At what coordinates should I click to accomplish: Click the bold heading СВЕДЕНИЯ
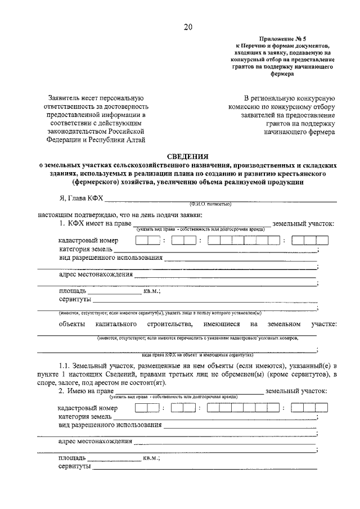pyautogui.click(x=187, y=156)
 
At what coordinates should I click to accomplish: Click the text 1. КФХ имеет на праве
pyautogui.click(x=95, y=224)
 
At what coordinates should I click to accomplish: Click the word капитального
pyautogui.click(x=117, y=325)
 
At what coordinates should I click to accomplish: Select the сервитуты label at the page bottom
pyautogui.click(x=75, y=467)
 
